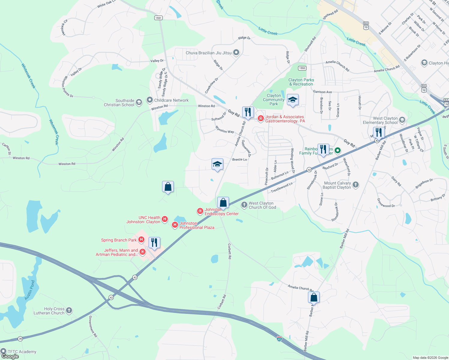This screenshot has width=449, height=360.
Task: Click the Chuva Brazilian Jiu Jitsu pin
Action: tap(236, 53)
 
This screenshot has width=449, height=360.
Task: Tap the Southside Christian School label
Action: tap(119, 103)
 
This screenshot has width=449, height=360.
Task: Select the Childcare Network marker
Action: tap(149, 100)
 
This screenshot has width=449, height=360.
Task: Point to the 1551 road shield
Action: tap(158, 18)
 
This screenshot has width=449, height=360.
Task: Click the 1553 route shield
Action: tap(302, 68)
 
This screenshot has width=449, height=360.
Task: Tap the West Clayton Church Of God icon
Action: tap(244, 205)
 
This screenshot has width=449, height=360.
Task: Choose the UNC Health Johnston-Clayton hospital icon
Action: tap(164, 219)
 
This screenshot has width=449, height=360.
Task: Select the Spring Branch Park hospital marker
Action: tap(141, 240)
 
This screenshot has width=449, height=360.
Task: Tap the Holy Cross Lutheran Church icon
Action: tap(69, 310)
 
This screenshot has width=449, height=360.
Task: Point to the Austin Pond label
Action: tap(29, 290)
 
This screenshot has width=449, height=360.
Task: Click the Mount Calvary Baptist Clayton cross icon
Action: tap(356, 185)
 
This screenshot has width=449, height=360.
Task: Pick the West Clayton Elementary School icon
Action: tap(402, 120)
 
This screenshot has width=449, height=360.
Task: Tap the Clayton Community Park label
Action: tap(273, 100)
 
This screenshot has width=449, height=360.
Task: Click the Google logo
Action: tap(10, 356)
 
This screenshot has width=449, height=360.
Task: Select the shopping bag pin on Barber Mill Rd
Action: tap(314, 297)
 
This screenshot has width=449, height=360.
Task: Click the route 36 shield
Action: tap(20, 339)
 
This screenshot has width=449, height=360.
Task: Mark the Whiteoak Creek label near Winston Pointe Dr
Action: tap(29, 76)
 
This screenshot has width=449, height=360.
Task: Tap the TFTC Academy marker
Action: tap(3, 351)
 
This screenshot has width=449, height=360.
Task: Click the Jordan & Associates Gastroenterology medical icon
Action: tap(261, 119)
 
